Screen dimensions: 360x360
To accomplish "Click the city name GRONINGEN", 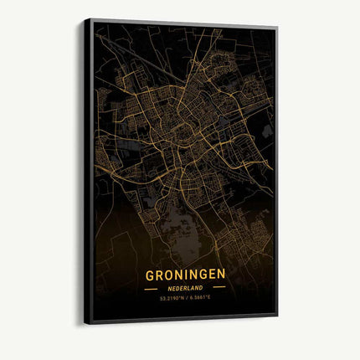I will (x=184, y=275).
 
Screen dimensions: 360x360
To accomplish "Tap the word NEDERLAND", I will (x=184, y=288).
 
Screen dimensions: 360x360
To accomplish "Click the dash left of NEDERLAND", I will (x=151, y=289).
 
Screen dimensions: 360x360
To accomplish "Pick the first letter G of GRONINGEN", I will (x=151, y=275).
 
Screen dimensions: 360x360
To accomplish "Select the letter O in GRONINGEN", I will (x=168, y=275).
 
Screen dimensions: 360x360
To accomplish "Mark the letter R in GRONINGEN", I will (x=159, y=275).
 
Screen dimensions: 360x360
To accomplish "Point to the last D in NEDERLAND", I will (x=201, y=288).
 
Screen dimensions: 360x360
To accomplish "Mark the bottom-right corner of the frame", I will (x=277, y=316).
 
